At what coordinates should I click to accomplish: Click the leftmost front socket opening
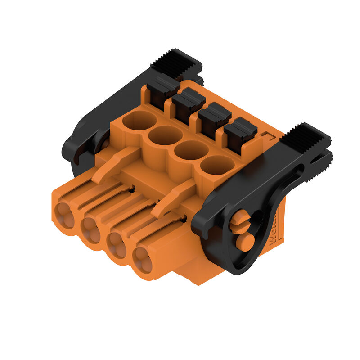click(x=64, y=215)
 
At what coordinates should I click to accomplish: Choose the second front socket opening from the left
click(x=91, y=230)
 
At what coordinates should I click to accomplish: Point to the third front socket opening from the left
click(x=118, y=245)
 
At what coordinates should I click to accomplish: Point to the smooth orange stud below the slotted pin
click(x=245, y=242)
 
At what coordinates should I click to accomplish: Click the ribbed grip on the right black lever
click(x=305, y=137)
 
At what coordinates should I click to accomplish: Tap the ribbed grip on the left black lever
click(x=176, y=63)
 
